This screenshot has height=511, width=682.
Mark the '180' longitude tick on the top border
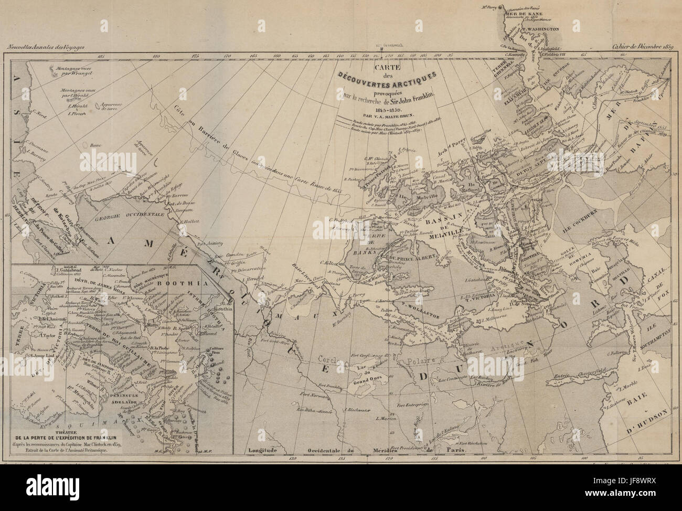point(156,56)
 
